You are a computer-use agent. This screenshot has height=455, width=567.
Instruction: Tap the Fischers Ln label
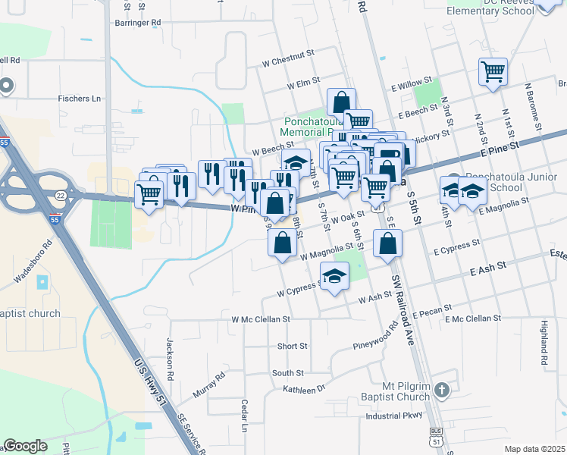coord(80,99)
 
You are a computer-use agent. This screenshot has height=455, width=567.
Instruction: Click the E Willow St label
coord(410,82)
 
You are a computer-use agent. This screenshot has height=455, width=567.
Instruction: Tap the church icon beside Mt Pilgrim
coord(443,391)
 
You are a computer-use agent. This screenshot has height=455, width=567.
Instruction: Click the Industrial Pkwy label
coord(393,416)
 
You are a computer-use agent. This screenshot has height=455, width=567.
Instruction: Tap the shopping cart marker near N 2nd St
coord(493,73)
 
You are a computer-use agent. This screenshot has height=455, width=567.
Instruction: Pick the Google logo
coord(25,446)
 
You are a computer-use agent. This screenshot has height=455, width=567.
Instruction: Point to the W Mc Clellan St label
coord(261,319)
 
